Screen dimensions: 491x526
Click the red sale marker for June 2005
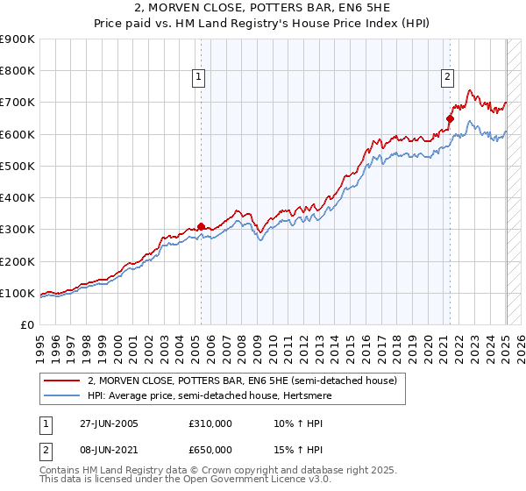point(201,226)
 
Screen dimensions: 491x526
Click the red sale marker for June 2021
point(450,118)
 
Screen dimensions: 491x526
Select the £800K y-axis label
point(18,71)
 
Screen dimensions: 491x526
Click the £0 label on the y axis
point(27,324)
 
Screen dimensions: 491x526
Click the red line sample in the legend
point(62,381)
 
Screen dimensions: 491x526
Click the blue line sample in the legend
point(62,395)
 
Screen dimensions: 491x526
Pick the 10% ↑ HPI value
point(288,423)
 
